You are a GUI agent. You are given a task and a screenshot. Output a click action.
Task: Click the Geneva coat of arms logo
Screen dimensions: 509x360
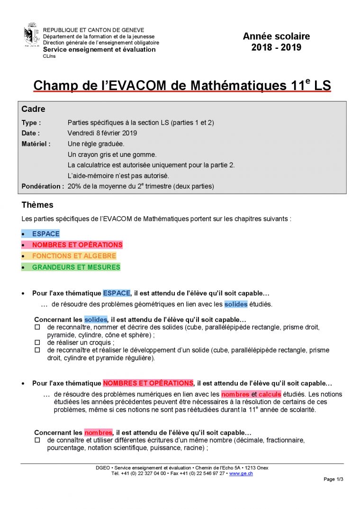(31, 35)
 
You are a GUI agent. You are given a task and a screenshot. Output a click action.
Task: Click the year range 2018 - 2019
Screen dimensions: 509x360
(276, 47)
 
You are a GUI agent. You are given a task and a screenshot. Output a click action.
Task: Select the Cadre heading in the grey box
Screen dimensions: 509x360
(34, 109)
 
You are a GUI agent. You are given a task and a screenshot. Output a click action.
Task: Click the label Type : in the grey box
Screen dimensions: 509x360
(31, 123)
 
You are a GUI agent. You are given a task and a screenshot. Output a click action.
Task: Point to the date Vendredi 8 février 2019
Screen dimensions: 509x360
(102, 133)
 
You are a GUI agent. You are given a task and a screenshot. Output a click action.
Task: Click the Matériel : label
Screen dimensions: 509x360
(36, 144)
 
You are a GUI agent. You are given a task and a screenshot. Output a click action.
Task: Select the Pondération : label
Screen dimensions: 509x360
(43, 186)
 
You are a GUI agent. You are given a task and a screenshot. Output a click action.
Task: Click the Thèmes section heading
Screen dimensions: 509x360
(37, 205)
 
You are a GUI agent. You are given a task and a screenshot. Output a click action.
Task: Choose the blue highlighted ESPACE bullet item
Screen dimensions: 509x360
(46, 234)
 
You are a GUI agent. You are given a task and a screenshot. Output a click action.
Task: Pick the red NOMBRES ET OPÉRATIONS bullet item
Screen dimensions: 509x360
(77, 245)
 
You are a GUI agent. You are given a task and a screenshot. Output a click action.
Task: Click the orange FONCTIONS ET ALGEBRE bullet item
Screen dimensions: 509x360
(74, 256)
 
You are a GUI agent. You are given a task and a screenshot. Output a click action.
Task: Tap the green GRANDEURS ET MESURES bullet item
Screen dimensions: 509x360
(76, 267)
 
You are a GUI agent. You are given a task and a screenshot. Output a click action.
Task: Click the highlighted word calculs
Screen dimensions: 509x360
(270, 394)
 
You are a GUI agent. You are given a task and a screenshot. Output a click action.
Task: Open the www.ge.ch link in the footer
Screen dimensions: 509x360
(241, 473)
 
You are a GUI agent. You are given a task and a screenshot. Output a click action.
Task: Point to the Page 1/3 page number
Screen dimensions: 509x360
(333, 479)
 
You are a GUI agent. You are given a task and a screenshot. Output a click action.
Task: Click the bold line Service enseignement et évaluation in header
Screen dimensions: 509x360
(99, 49)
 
